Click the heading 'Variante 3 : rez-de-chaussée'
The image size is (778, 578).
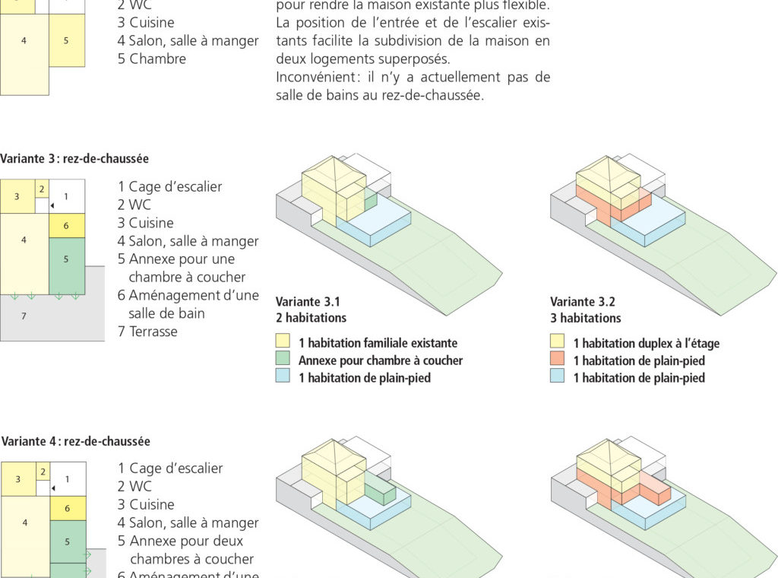click(74, 159)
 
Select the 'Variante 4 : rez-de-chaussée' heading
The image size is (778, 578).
click(76, 441)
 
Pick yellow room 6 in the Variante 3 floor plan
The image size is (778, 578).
click(66, 226)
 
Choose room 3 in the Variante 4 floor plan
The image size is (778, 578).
click(18, 479)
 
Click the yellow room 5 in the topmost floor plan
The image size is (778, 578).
click(66, 40)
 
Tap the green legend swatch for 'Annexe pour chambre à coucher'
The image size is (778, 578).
click(283, 360)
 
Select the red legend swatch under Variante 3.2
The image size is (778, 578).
click(558, 360)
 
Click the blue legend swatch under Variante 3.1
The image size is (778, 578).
click(283, 377)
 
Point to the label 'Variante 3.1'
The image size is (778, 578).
click(308, 301)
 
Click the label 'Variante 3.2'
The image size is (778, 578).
click(583, 301)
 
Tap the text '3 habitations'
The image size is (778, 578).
click(586, 318)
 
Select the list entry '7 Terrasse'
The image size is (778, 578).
click(147, 332)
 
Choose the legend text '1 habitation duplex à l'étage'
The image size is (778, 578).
click(646, 343)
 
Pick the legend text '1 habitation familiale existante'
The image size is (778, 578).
click(378, 343)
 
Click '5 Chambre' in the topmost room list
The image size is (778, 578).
click(152, 59)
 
